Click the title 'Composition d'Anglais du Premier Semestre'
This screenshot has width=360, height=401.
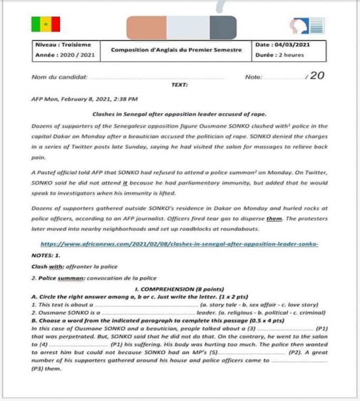coord(176,50)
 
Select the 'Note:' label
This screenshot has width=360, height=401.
coord(254,78)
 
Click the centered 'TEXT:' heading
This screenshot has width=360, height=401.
coord(179,86)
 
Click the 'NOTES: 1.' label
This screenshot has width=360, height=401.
coord(46,256)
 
